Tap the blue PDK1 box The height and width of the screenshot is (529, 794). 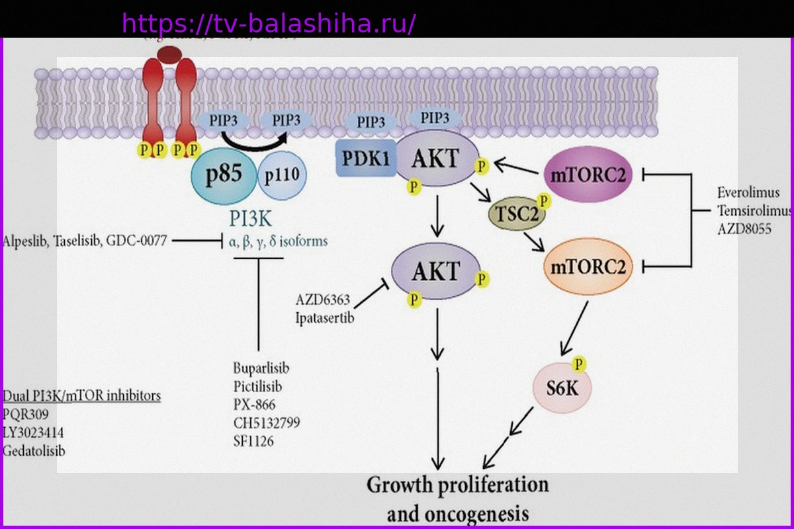tap(366, 159)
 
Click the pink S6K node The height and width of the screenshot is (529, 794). tap(562, 387)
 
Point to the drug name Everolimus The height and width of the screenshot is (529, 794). tap(748, 192)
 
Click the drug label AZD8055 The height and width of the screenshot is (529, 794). tap(744, 228)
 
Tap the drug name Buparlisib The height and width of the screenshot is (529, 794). tap(261, 368)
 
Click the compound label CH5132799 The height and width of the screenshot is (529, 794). tap(267, 423)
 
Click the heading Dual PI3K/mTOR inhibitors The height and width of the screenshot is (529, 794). tap(82, 395)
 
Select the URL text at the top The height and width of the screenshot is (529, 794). tap(269, 24)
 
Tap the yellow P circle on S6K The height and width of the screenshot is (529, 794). tap(580, 364)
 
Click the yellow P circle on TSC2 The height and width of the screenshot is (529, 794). tap(544, 200)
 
